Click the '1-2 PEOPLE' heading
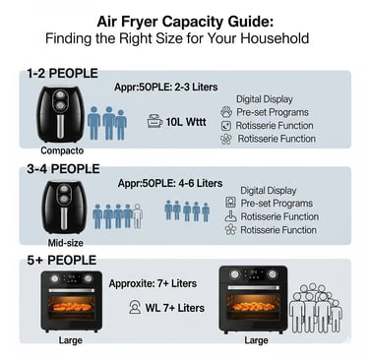(62, 74)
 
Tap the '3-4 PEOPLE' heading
(63, 169)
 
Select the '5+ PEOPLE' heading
(62, 261)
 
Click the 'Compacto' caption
(62, 150)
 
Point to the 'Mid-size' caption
(65, 243)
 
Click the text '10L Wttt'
(186, 122)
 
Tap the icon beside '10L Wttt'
(154, 121)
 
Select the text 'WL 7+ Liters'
(175, 308)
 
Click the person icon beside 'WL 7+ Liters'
(135, 308)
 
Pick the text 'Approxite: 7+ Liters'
(153, 283)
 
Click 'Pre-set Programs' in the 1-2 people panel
(273, 112)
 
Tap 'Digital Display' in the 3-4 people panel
(269, 191)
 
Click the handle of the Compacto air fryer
(61, 126)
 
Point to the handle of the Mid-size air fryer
(64, 218)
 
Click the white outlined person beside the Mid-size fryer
(138, 215)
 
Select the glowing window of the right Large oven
(253, 307)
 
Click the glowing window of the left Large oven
(71, 307)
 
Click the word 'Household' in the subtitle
(275, 38)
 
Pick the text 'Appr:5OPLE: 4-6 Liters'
(170, 183)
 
